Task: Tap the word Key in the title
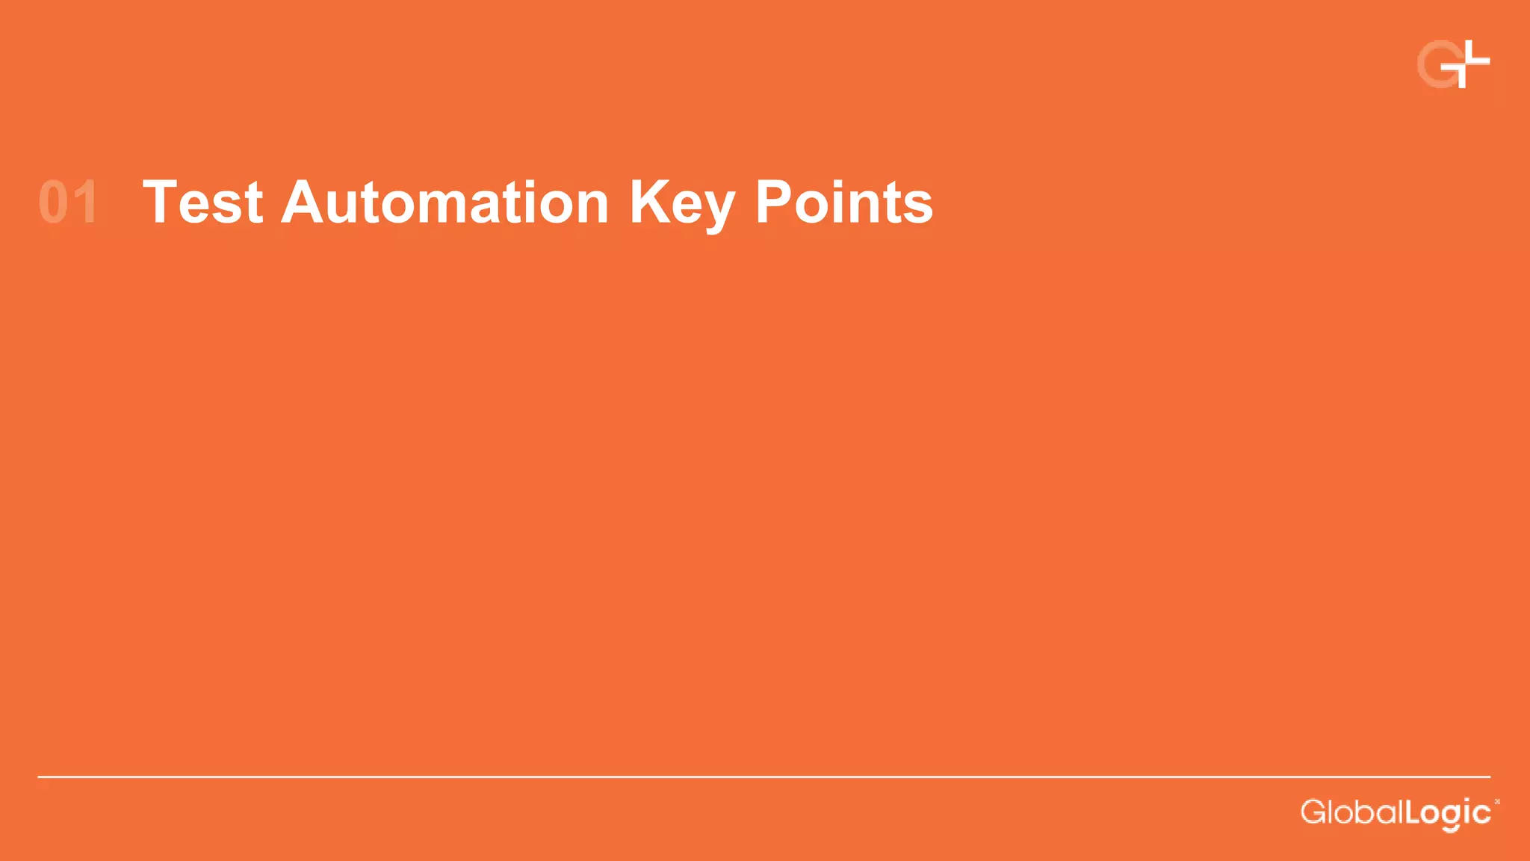pos(681,203)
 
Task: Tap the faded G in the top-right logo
pos(1436,66)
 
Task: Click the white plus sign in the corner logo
pos(1466,63)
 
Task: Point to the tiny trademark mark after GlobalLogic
pos(1496,802)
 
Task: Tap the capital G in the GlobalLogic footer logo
pos(1313,812)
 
